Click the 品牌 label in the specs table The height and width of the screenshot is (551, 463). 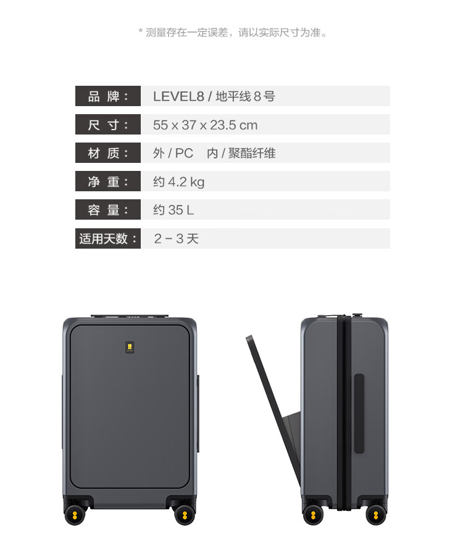108,96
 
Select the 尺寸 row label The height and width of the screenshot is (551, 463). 108,125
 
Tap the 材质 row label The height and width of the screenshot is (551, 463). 108,153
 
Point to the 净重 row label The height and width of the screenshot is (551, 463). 108,181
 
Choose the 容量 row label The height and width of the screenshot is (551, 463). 108,210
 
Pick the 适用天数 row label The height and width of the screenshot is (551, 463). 108,238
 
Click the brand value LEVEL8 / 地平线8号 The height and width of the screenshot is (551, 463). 214,96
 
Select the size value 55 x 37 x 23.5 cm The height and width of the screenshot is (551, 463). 205,125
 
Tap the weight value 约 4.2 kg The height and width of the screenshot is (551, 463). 178,182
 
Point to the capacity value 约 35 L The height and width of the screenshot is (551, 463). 173,210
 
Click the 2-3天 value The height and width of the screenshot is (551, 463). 176,239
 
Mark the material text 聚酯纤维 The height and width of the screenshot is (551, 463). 252,154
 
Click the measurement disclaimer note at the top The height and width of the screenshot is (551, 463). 232,32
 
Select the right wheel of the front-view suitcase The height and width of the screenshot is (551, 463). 183,514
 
